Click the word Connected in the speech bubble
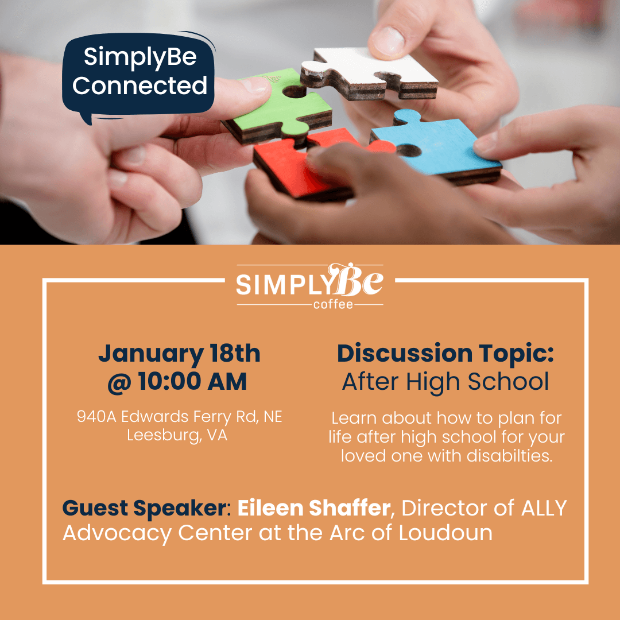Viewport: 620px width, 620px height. click(x=139, y=86)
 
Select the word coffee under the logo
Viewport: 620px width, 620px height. click(x=333, y=304)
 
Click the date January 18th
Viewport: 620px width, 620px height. click(x=179, y=353)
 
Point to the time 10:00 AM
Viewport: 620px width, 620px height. click(x=192, y=381)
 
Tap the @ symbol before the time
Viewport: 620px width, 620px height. click(x=120, y=382)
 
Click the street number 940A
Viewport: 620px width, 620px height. click(x=96, y=416)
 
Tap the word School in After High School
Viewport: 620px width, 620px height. click(x=508, y=382)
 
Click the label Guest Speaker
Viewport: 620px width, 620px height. click(x=144, y=507)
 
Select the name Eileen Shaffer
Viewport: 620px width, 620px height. click(x=314, y=507)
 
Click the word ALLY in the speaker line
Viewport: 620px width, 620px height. click(x=544, y=508)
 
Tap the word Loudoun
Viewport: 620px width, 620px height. click(x=445, y=533)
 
